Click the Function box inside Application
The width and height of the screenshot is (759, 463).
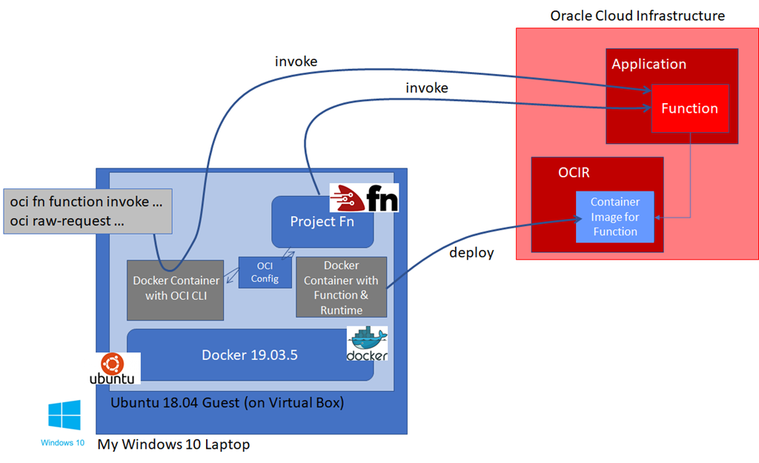689,108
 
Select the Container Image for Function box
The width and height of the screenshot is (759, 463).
615,217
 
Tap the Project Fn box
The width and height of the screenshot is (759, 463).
322,222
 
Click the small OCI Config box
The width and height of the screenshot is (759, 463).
265,272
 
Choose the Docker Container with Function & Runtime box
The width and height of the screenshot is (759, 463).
341,287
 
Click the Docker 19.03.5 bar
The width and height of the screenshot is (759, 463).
250,355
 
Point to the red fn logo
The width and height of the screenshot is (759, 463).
364,197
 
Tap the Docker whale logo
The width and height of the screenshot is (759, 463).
367,344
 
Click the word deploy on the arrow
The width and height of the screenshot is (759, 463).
471,252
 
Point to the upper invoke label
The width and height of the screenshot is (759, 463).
296,62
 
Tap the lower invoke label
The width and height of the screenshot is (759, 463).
426,88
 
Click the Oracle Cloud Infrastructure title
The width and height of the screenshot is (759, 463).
637,16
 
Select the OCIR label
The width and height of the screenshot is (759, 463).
573,173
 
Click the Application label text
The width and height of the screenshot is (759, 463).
649,64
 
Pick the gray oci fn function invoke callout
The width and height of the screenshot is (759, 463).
87,210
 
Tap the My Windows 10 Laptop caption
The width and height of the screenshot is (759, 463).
173,444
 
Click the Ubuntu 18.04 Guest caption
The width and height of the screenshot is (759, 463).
227,404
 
